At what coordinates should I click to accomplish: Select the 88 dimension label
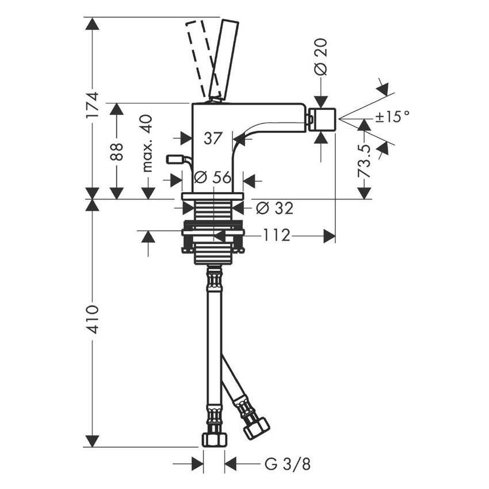117,152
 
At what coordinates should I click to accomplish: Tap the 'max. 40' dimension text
147,143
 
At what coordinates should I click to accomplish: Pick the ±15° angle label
392,117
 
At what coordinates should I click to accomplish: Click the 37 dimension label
213,138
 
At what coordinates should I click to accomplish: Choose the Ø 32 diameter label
274,208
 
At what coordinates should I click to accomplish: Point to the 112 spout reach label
277,236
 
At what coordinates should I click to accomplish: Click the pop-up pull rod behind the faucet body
175,159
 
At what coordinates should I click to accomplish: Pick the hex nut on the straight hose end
213,440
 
